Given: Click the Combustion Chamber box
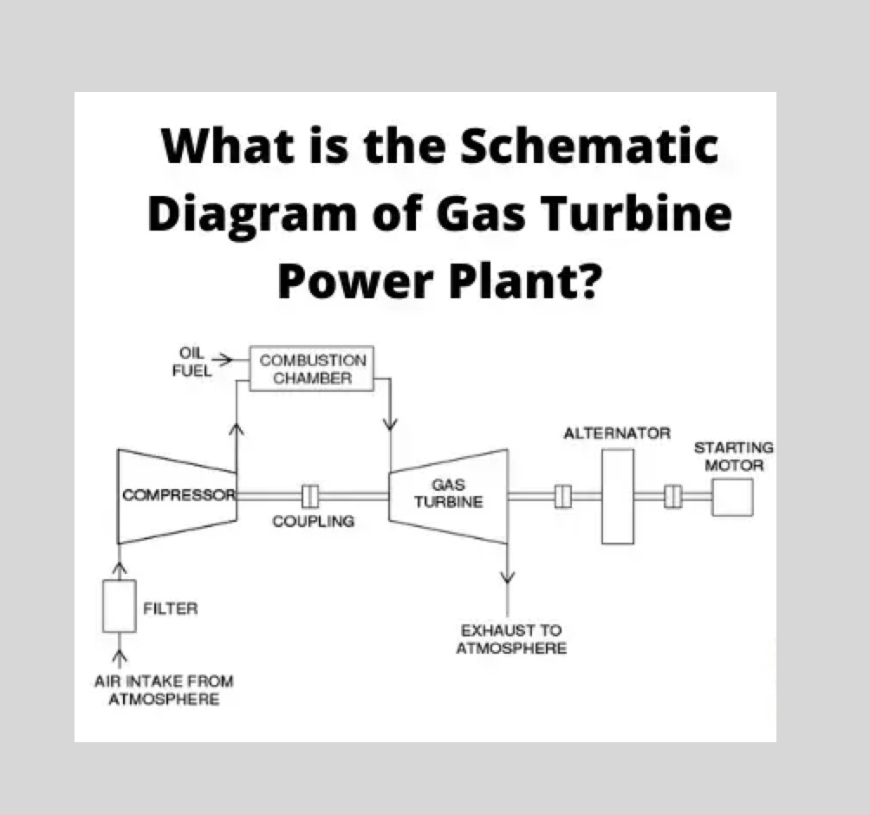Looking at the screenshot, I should coord(312,368).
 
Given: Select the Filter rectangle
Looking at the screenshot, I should coord(119,606).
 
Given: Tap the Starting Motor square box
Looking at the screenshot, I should coord(732,497).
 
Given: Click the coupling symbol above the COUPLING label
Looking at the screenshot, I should coord(310,496).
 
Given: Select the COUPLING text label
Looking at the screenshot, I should coord(314,522).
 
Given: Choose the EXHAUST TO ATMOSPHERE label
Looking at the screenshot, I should coord(511,639).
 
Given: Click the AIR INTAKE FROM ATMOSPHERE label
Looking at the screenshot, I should coord(164,690).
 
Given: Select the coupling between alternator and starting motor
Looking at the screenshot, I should coord(674,497).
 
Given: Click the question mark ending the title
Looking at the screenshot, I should coord(586,281).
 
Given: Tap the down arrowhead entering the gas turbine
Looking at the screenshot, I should coord(391,424).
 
